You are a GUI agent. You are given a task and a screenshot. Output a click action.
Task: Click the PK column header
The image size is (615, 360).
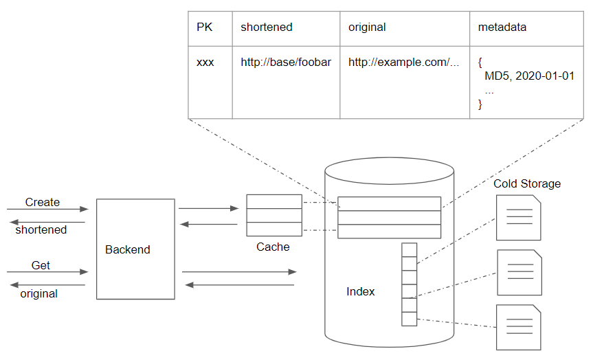[x=204, y=27]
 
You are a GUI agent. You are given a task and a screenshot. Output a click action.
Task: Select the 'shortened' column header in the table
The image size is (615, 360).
[x=266, y=27]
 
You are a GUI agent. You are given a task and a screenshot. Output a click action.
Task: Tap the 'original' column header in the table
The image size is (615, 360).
[x=367, y=27]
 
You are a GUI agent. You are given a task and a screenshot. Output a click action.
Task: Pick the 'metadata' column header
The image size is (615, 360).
[x=502, y=27]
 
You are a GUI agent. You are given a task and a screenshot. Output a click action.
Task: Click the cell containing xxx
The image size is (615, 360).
[x=205, y=63]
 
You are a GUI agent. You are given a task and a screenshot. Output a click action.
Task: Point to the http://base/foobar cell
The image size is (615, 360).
[x=285, y=63]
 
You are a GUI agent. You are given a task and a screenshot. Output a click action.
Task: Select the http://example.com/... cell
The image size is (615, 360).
[x=403, y=63]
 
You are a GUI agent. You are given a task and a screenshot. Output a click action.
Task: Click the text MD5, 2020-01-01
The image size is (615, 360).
[x=529, y=76]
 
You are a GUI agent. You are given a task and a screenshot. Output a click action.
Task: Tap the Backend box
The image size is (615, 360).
[x=135, y=249]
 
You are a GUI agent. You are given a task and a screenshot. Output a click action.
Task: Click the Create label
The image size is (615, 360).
[x=43, y=202]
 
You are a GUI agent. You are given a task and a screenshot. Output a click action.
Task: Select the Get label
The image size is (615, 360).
[x=41, y=265]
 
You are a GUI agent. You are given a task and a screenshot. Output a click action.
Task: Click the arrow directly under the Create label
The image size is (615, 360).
[x=47, y=209]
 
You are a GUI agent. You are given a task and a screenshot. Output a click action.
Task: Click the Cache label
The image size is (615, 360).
[x=273, y=247]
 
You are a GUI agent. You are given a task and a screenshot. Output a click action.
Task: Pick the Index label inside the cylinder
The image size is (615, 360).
[x=360, y=291]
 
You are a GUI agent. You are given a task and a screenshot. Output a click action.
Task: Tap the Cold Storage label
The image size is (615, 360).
[x=526, y=183]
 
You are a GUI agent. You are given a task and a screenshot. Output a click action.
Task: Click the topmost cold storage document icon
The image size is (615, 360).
[x=518, y=218]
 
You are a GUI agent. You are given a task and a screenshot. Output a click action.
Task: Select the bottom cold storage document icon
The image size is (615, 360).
[x=518, y=327]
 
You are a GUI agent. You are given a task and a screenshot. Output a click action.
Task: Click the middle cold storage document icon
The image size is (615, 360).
[x=518, y=273]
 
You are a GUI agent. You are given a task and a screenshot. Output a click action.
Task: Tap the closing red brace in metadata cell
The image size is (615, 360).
[x=480, y=104]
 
